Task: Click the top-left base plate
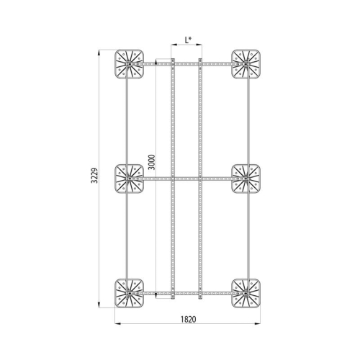coord(130,64)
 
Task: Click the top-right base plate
coord(246,64)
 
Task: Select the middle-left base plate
coord(130,179)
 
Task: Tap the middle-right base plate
coord(246,179)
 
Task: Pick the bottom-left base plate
coord(130,293)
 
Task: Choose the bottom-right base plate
coord(246,293)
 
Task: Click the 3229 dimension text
coord(95,176)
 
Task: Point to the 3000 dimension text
coord(152,162)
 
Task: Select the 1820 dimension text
coord(188,319)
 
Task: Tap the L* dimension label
coord(188,40)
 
